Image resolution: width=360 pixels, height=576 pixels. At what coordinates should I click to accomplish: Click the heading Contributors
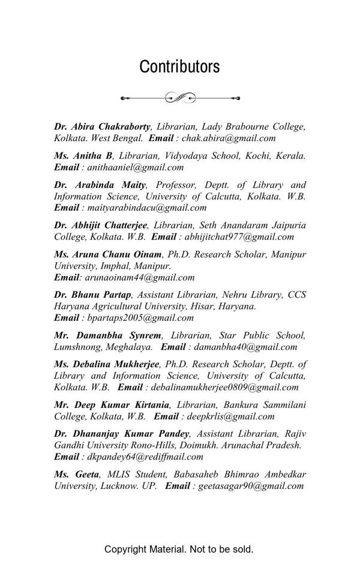pyautogui.click(x=179, y=67)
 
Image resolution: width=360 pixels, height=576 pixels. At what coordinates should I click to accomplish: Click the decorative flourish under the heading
pyautogui.click(x=180, y=98)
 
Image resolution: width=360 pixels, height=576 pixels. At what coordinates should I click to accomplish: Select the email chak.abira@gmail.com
pyautogui.click(x=229, y=138)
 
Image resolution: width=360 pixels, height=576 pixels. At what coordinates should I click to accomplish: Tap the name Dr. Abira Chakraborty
pyautogui.click(x=102, y=127)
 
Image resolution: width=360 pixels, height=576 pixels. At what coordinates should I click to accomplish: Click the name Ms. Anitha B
pyautogui.click(x=83, y=155)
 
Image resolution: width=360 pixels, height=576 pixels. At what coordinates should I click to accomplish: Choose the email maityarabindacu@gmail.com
pyautogui.click(x=147, y=208)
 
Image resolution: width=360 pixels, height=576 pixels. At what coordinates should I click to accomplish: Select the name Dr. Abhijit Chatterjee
pyautogui.click(x=100, y=225)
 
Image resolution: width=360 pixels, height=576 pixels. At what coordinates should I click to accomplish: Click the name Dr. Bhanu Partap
pyautogui.click(x=92, y=295)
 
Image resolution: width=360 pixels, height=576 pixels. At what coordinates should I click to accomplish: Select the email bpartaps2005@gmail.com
pyautogui.click(x=140, y=317)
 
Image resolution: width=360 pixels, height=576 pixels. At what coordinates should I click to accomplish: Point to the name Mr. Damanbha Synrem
pyautogui.click(x=107, y=335)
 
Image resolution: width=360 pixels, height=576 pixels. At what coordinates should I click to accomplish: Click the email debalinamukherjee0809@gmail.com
pyautogui.click(x=224, y=387)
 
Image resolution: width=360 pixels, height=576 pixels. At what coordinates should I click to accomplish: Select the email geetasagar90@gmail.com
pyautogui.click(x=251, y=485)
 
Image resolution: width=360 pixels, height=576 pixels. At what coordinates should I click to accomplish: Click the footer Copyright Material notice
pyautogui.click(x=179, y=549)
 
